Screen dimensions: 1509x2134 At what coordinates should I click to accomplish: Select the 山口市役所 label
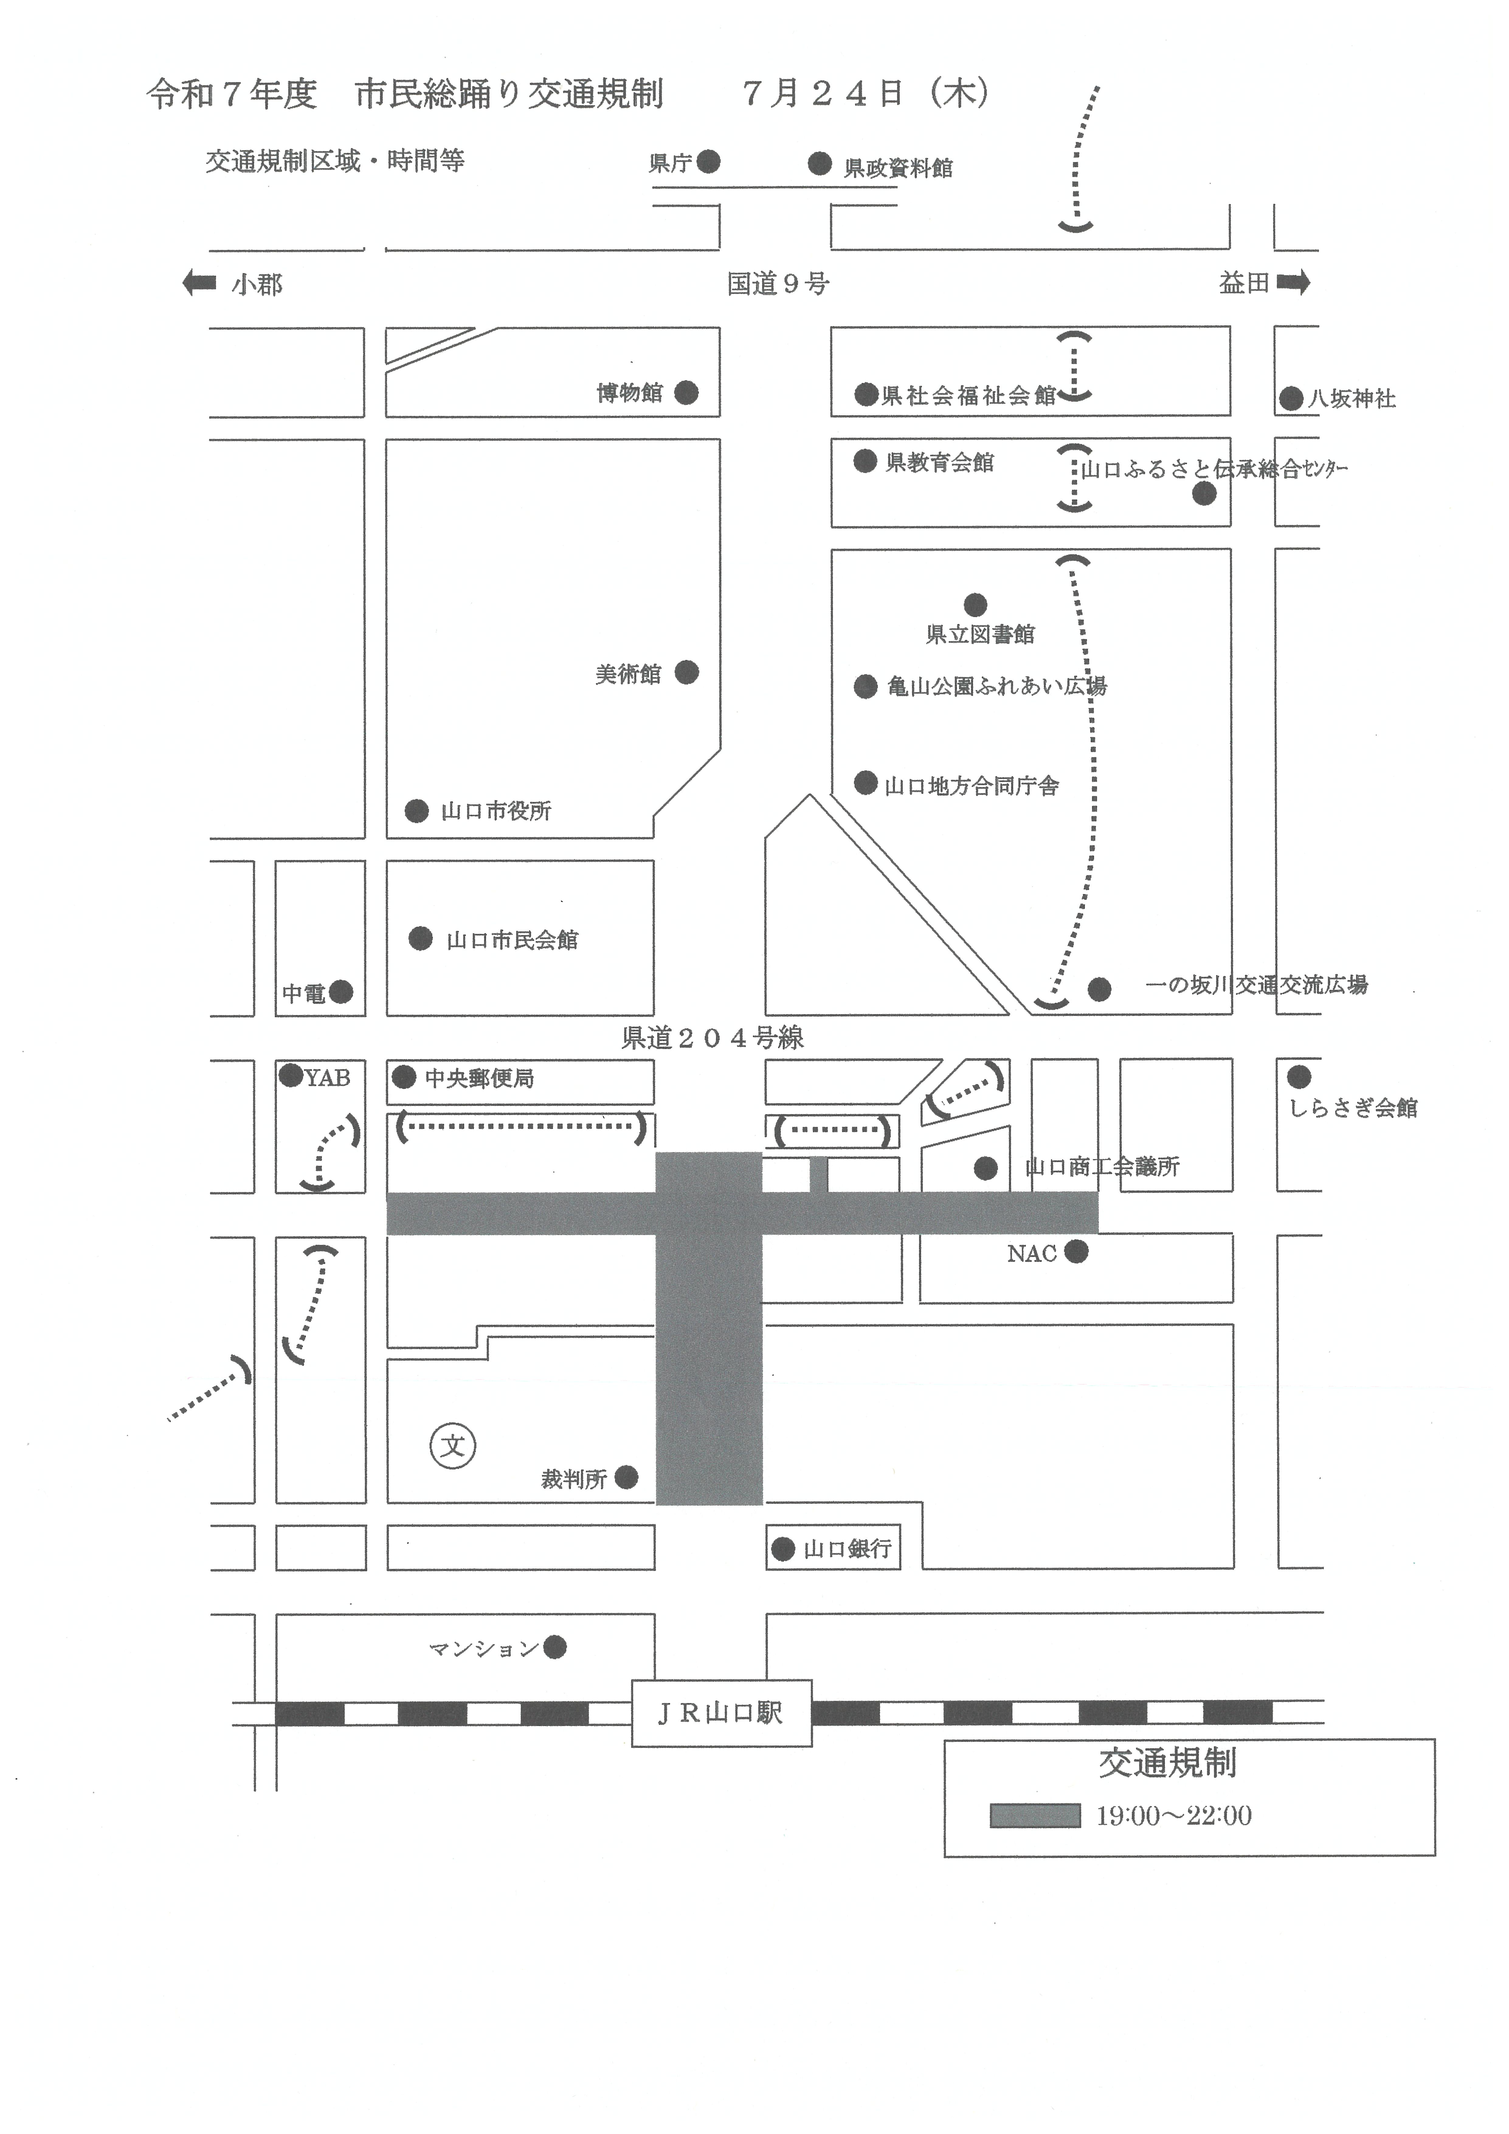pos(496,811)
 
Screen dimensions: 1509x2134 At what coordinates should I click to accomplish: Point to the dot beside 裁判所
pos(627,1477)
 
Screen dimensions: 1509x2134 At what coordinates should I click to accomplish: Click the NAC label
pos(1032,1254)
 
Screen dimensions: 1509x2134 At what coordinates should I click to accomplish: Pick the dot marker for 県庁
pos(709,162)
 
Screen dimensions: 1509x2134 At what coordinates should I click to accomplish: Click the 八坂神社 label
pos(1352,399)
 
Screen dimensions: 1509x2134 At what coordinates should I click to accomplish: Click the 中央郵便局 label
pos(479,1078)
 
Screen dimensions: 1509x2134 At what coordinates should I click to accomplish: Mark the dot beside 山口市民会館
pos(421,939)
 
